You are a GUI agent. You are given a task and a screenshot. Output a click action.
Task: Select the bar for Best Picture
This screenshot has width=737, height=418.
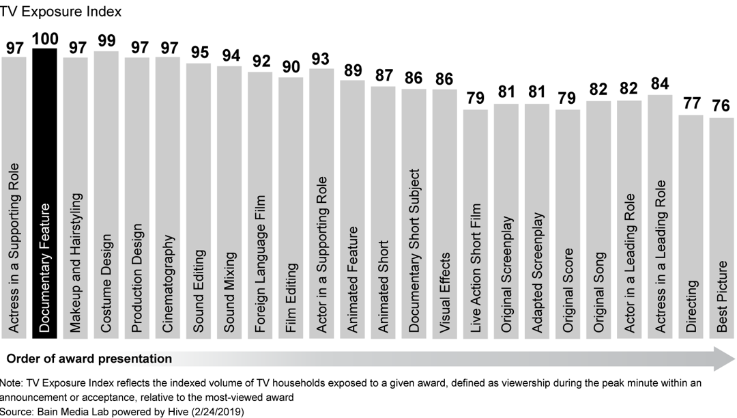[722, 225]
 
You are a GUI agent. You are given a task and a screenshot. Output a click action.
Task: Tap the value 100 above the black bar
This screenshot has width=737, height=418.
[45, 39]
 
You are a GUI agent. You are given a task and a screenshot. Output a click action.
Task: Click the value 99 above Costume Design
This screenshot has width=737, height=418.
[106, 41]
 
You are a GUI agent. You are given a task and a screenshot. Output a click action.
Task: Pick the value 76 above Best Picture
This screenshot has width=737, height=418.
[722, 107]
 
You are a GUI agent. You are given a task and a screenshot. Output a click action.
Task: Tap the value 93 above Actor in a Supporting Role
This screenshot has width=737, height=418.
[321, 59]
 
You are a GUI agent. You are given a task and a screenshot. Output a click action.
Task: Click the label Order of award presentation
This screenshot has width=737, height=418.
[89, 359]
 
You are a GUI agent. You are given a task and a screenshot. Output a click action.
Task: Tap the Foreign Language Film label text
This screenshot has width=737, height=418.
[260, 264]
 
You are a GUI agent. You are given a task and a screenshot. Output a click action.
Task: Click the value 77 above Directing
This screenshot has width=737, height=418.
[691, 104]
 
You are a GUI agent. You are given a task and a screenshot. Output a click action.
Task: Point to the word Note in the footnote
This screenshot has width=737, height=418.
[12, 384]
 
